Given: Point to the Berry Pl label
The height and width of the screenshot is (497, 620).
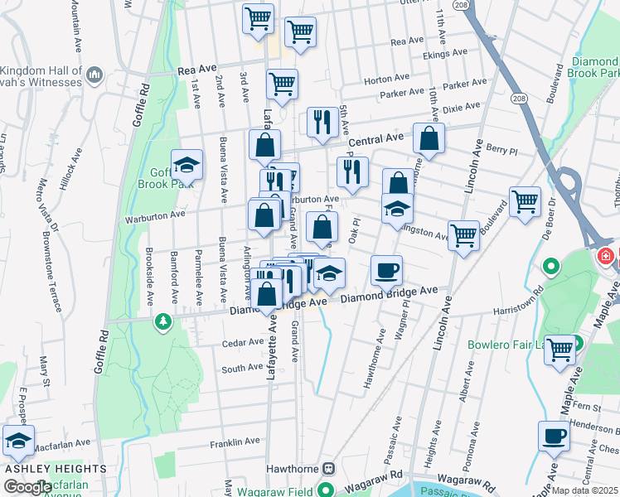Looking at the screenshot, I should [x=501, y=147].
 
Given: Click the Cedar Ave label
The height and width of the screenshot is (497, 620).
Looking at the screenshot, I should [x=242, y=342].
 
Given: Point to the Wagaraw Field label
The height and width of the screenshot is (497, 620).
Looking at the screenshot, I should [x=275, y=490].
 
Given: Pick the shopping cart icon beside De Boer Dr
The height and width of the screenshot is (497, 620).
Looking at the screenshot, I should [x=525, y=201].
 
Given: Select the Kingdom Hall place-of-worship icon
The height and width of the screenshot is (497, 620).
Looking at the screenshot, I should [x=94, y=75].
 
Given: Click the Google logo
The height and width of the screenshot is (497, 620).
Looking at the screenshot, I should [x=27, y=486].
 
